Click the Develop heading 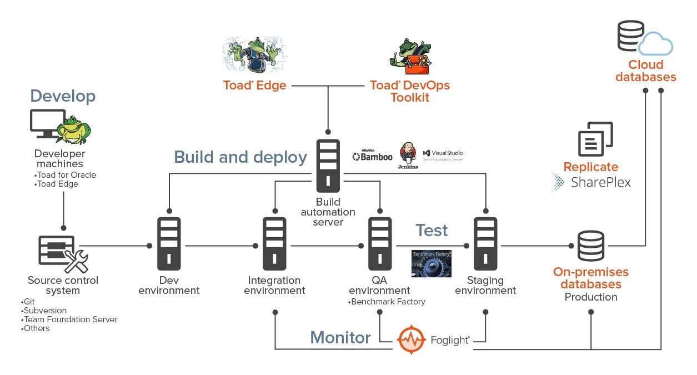coord(63,96)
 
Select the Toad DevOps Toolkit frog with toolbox coord(410,56)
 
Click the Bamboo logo coord(372,156)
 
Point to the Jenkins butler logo coord(408,155)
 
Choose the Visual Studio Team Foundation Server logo coord(443,155)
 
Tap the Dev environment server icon coord(169,243)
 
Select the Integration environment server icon coord(274,243)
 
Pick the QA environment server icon coord(380,243)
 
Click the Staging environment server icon coord(485,243)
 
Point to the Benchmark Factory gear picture coord(431,263)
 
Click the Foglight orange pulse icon coord(412,338)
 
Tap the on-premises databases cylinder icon coord(590,245)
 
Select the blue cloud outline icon coord(655,43)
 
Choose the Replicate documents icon coord(595,139)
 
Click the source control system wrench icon coord(76,261)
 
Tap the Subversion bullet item coord(44,311)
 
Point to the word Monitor coord(340,337)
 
